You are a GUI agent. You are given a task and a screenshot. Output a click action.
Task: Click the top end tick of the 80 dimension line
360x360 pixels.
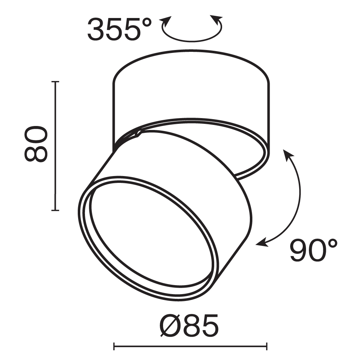55,82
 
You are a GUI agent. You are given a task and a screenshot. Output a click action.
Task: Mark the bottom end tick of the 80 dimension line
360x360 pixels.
55,210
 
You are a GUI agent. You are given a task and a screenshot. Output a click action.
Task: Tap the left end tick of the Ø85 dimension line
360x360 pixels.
114,346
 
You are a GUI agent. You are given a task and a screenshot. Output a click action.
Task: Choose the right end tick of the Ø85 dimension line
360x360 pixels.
266,346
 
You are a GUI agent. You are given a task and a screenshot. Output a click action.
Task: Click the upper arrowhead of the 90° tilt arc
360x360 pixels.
287,154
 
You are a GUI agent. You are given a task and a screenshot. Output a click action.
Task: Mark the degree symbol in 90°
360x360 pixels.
332,244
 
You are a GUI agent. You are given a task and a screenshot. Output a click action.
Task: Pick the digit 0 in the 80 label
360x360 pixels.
36,134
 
